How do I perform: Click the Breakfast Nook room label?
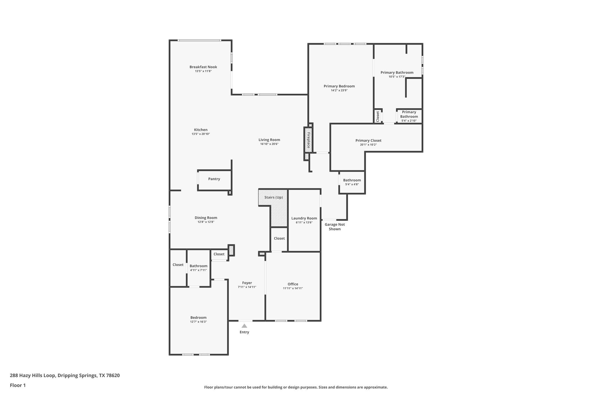point(203,67)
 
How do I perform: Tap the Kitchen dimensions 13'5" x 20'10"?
point(201,134)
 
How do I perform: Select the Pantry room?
point(214,179)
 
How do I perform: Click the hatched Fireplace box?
point(308,140)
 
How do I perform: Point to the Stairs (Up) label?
point(273,197)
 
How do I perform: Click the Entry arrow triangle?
point(244,326)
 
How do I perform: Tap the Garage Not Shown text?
point(335,227)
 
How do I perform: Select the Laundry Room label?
point(304,218)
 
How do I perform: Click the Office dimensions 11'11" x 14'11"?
point(293,288)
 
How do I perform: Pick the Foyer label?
point(247,283)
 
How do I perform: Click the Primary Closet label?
point(368,140)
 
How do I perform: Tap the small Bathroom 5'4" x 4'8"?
point(352,182)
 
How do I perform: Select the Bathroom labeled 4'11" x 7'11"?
point(198,268)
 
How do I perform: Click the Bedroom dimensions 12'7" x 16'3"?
point(198,322)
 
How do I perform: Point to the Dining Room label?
point(206,218)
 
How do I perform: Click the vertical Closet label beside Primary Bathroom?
point(378,116)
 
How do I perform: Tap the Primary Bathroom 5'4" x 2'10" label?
point(409,116)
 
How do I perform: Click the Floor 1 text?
point(18,385)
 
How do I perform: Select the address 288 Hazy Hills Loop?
point(64,375)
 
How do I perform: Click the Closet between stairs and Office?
point(279,238)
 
